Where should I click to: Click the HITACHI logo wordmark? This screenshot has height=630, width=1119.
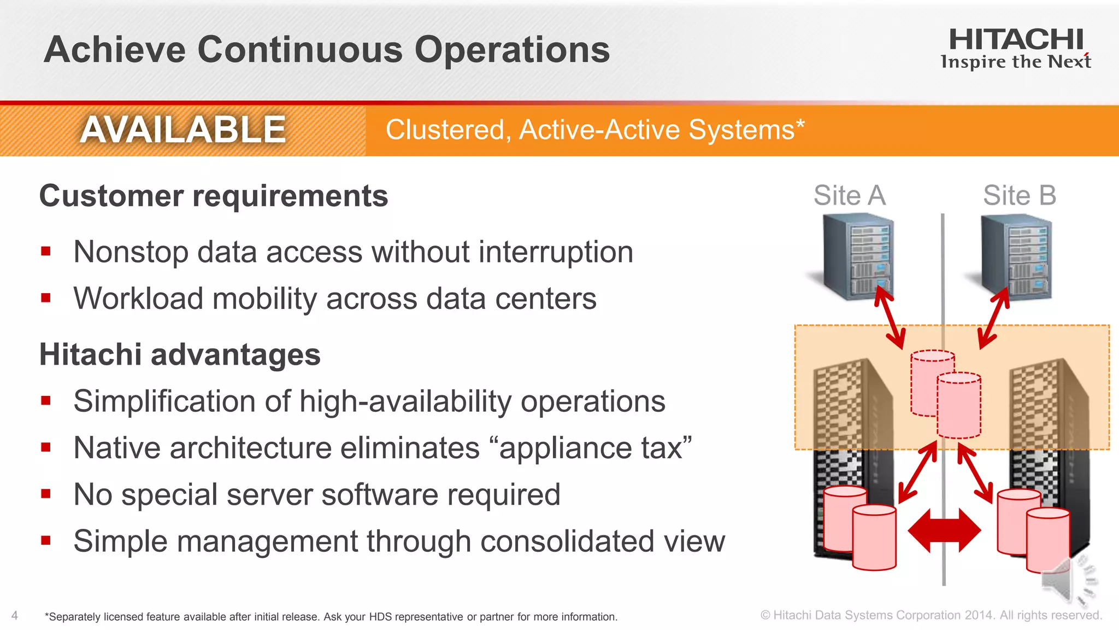(x=1016, y=40)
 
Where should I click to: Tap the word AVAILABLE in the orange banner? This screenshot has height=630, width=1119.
(x=182, y=130)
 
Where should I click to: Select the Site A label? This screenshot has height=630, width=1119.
(x=849, y=195)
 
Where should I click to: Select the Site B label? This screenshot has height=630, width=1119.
(x=1020, y=195)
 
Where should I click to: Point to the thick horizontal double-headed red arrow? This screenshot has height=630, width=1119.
(x=944, y=530)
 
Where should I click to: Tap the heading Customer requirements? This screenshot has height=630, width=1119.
(x=214, y=196)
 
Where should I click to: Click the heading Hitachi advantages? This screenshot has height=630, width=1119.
(x=180, y=354)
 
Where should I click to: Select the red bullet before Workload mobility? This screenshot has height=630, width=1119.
(x=46, y=298)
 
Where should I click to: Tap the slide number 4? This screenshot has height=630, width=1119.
(x=15, y=615)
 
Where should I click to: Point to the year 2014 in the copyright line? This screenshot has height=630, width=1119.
(x=979, y=615)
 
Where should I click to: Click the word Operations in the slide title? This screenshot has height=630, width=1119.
(x=512, y=50)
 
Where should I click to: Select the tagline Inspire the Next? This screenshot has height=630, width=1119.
(x=1016, y=62)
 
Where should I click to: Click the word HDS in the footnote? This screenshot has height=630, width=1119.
(x=380, y=617)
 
